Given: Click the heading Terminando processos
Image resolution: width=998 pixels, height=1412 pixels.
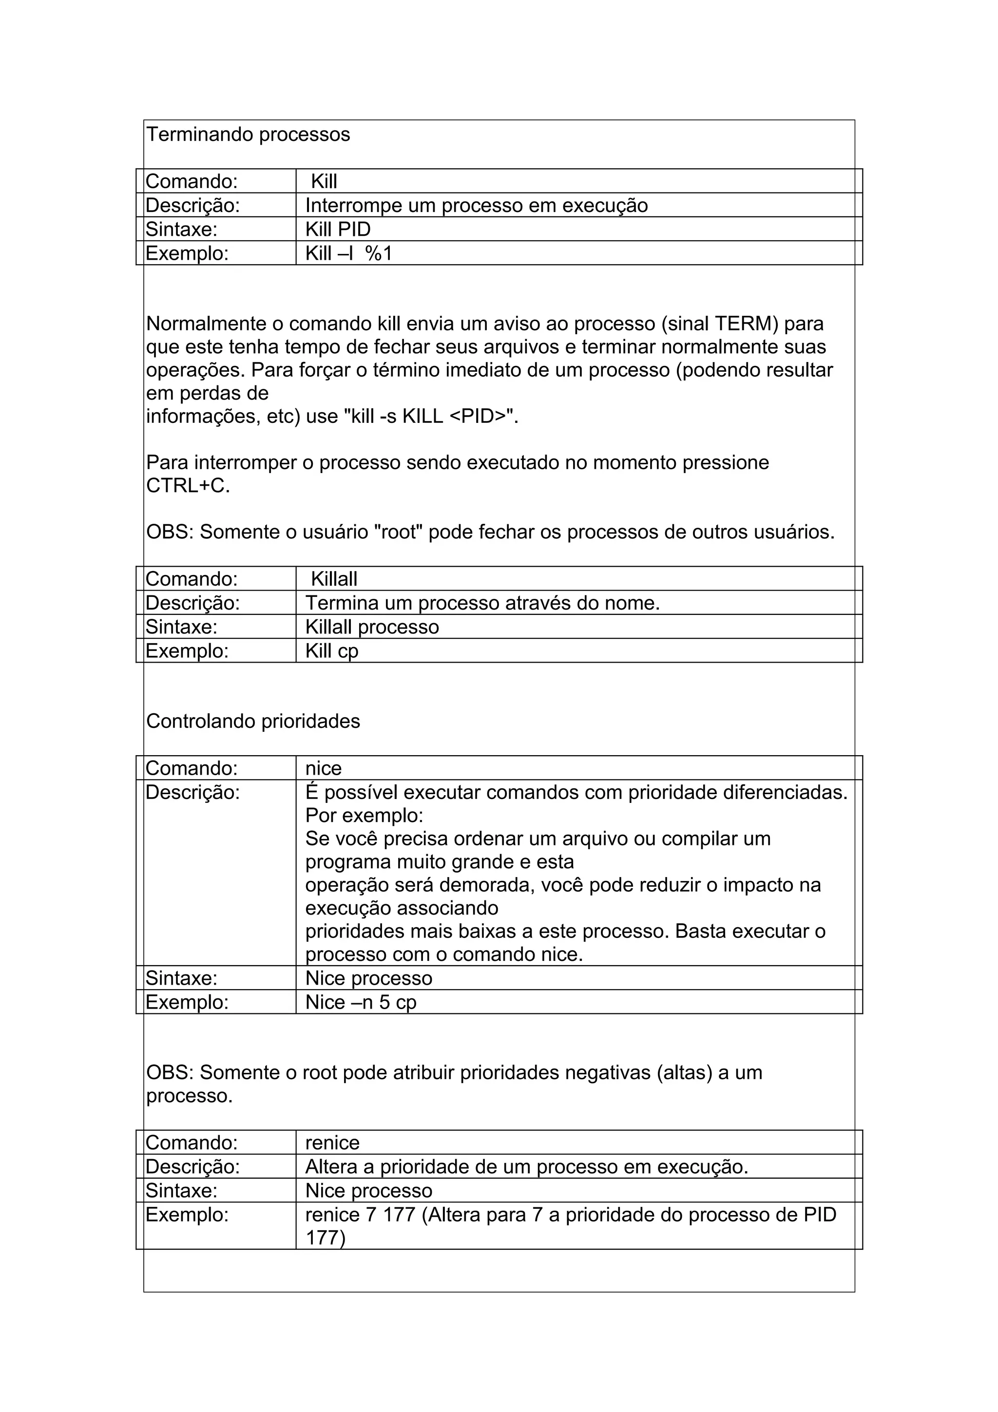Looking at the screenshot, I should [x=248, y=134].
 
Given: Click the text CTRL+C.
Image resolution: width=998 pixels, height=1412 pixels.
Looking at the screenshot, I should [x=188, y=486].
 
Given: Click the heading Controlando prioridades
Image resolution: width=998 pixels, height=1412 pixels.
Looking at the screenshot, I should [x=253, y=722].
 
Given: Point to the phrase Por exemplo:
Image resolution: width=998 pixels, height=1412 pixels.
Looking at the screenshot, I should [x=364, y=816].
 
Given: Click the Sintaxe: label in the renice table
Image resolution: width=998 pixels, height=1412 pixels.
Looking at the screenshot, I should [x=181, y=1191].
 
